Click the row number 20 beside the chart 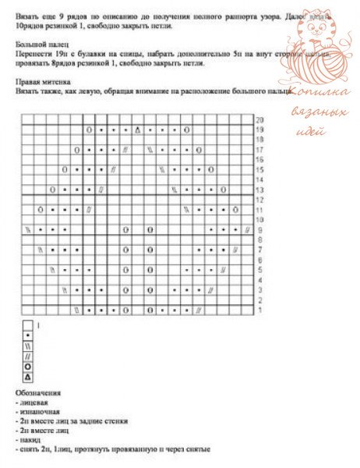pos(259,119)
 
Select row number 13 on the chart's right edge pos(259,190)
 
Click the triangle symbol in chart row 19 pos(137,129)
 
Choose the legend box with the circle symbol pos(27,364)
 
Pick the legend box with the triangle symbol pos(27,375)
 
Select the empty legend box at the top pos(27,324)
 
